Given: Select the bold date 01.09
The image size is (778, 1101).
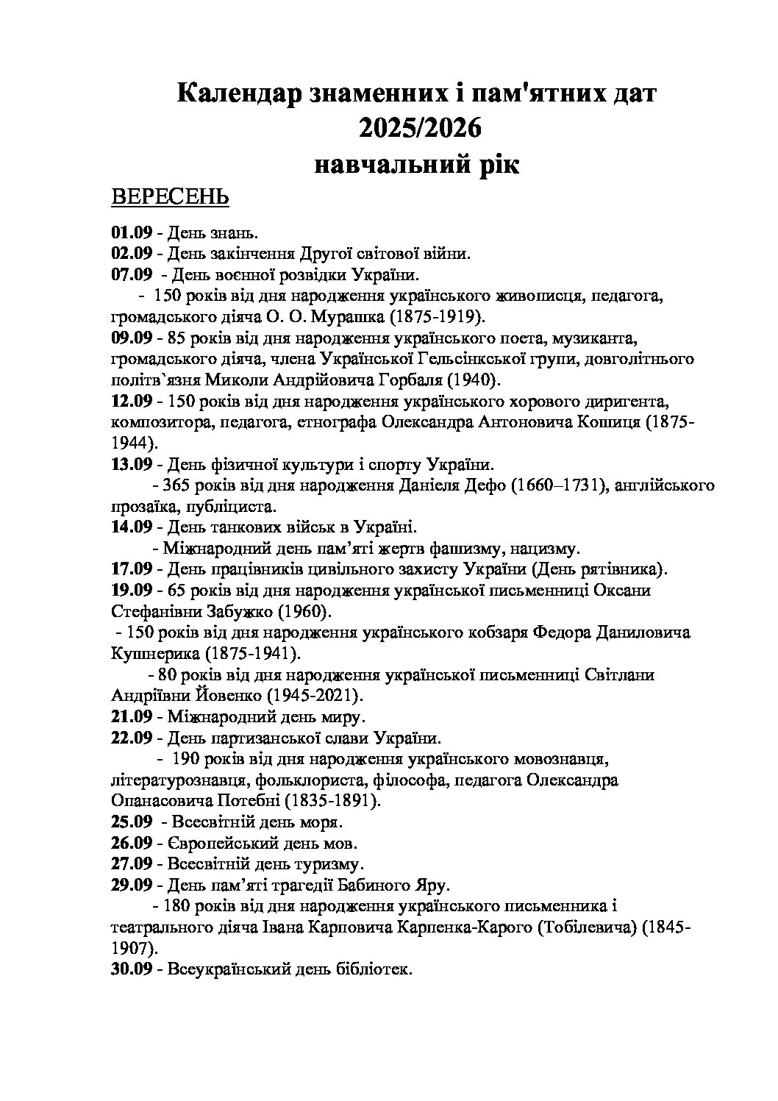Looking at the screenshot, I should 132,233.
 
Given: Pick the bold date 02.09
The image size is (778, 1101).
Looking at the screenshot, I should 132,254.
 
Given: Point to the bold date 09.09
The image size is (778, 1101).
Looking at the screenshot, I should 132,339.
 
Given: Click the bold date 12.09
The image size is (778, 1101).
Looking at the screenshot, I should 132,402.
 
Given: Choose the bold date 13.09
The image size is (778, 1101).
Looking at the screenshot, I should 132,466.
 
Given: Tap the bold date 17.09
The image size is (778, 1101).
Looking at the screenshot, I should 132,569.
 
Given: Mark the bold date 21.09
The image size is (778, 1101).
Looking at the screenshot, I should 132,716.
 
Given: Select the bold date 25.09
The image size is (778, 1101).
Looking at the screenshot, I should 132,821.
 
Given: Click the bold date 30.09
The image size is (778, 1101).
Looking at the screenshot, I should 132,969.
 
